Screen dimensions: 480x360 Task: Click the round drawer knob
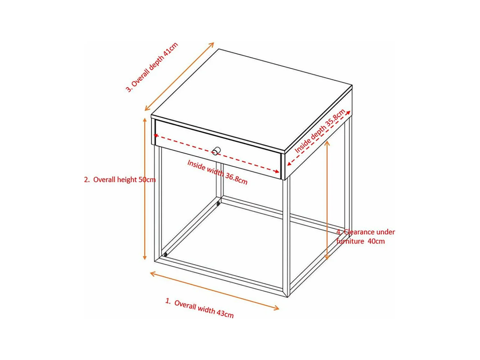(216, 151)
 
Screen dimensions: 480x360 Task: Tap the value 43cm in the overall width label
(224, 314)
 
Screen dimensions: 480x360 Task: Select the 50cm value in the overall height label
(147, 180)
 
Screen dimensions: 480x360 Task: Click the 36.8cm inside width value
(236, 178)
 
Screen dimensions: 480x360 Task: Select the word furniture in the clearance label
(350, 241)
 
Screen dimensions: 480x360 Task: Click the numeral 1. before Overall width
(168, 301)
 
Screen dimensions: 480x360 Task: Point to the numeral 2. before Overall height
(87, 180)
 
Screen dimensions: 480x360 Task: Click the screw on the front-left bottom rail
(165, 254)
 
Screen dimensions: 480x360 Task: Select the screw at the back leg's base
(218, 204)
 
